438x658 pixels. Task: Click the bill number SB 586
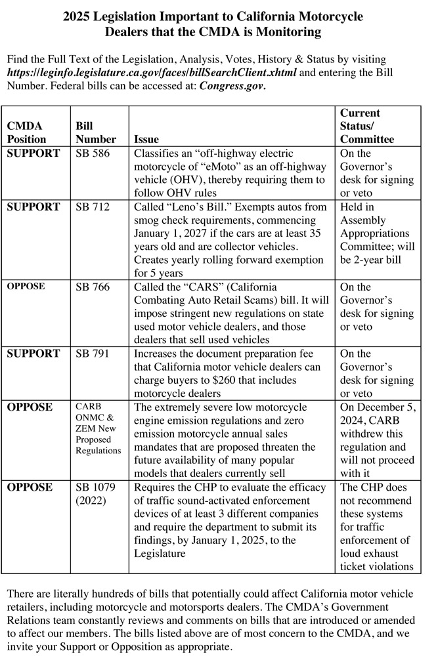93,154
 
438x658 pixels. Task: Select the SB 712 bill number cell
93,207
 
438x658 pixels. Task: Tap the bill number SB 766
93,287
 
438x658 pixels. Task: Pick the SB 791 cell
93,354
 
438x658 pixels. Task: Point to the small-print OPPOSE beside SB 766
25,287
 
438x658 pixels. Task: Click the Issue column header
146,139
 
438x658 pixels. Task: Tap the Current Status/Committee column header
367,126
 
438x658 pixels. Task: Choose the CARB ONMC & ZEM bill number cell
99,428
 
